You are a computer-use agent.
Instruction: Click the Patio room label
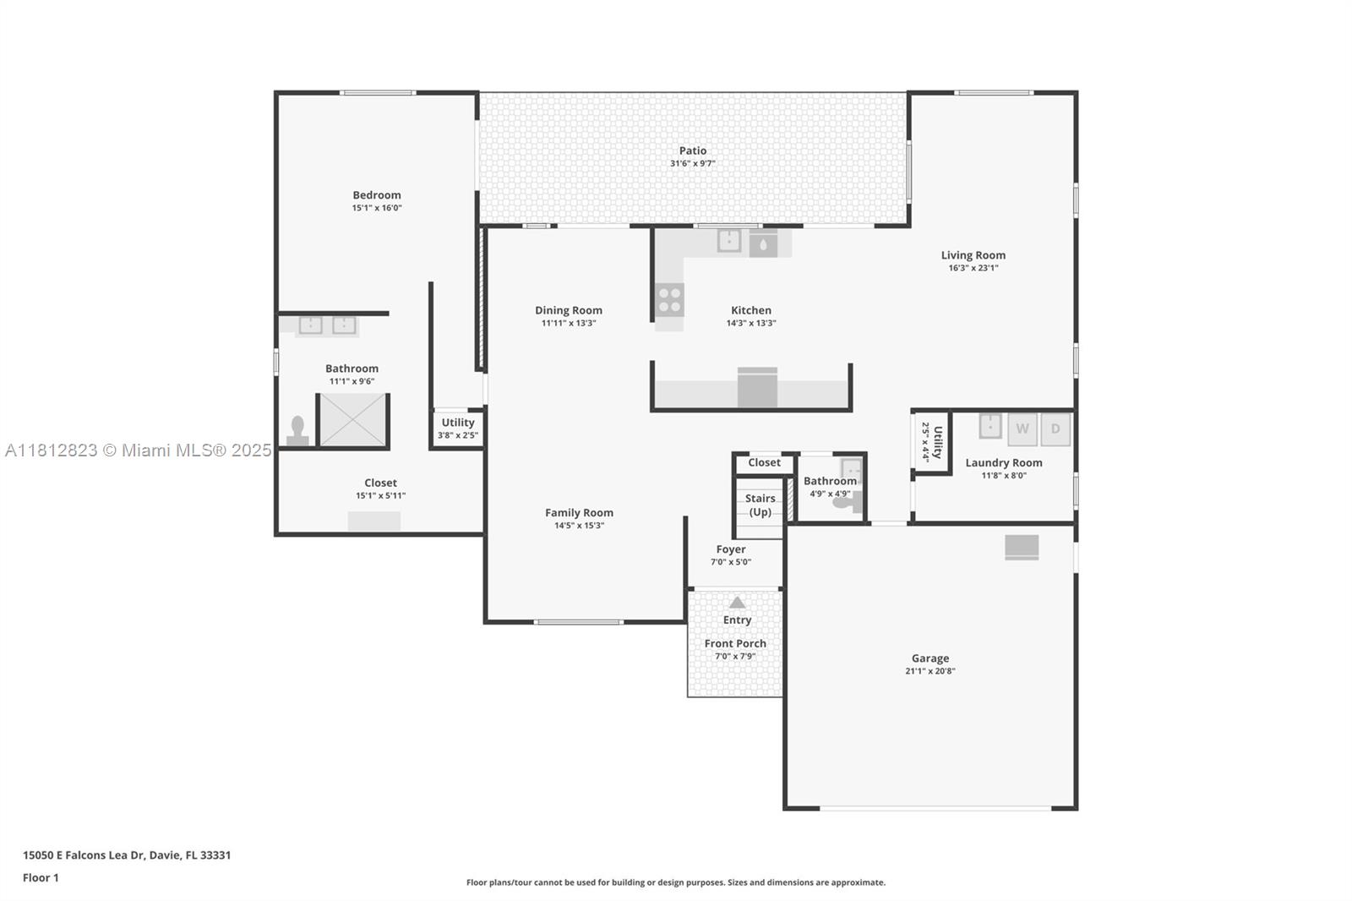(x=692, y=150)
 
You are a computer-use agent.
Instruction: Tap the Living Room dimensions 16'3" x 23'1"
(x=973, y=268)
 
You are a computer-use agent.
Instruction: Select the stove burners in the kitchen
(x=669, y=300)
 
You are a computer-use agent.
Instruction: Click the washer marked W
(x=1022, y=429)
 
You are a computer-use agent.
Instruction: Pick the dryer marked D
(x=1055, y=429)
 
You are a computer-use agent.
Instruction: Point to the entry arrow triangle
(x=737, y=602)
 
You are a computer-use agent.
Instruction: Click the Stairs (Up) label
(x=760, y=505)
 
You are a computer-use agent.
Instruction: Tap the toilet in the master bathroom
(x=297, y=430)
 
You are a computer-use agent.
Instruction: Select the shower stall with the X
(x=352, y=420)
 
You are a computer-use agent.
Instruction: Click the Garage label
(x=930, y=658)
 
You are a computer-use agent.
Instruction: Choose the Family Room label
(x=579, y=513)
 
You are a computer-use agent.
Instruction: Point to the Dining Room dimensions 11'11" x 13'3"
(x=569, y=323)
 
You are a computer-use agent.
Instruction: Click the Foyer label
(x=731, y=549)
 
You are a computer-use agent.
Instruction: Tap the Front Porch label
(x=735, y=644)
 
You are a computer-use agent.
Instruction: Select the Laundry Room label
(x=1004, y=463)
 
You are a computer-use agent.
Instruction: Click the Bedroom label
(x=377, y=195)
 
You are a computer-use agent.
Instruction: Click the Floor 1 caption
(x=41, y=878)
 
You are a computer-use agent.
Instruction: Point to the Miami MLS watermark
(x=139, y=450)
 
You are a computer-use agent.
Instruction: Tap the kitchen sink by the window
(x=729, y=240)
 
